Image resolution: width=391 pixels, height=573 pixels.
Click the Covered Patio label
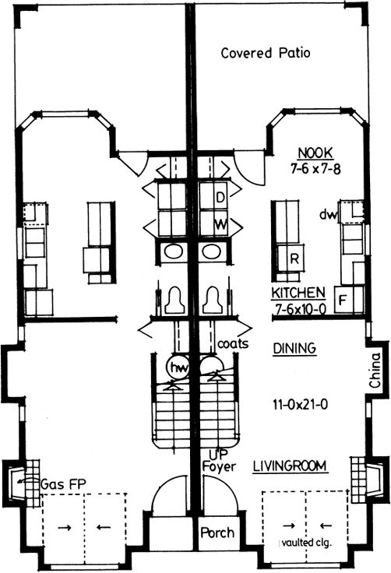tap(266, 54)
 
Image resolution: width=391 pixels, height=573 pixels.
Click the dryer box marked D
tap(220, 198)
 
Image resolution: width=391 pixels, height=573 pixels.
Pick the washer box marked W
tap(220, 223)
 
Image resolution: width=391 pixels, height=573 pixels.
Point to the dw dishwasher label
tap(325, 215)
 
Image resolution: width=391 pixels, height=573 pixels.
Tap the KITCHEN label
tap(298, 294)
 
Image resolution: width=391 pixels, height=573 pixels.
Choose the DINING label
tap(295, 349)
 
